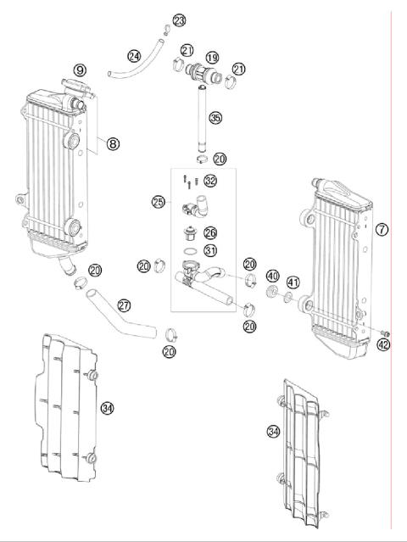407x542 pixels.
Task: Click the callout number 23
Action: coord(179,20)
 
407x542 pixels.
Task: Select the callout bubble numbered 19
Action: coord(212,58)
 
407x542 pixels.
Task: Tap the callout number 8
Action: coord(113,144)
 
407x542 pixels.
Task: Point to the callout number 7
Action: coord(382,230)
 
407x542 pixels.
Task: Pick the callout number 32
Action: coord(210,181)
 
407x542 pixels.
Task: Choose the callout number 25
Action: coord(158,202)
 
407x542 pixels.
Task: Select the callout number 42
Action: coord(384,344)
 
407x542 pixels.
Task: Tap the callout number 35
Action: coord(215,118)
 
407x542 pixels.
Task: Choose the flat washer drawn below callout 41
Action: coord(289,298)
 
